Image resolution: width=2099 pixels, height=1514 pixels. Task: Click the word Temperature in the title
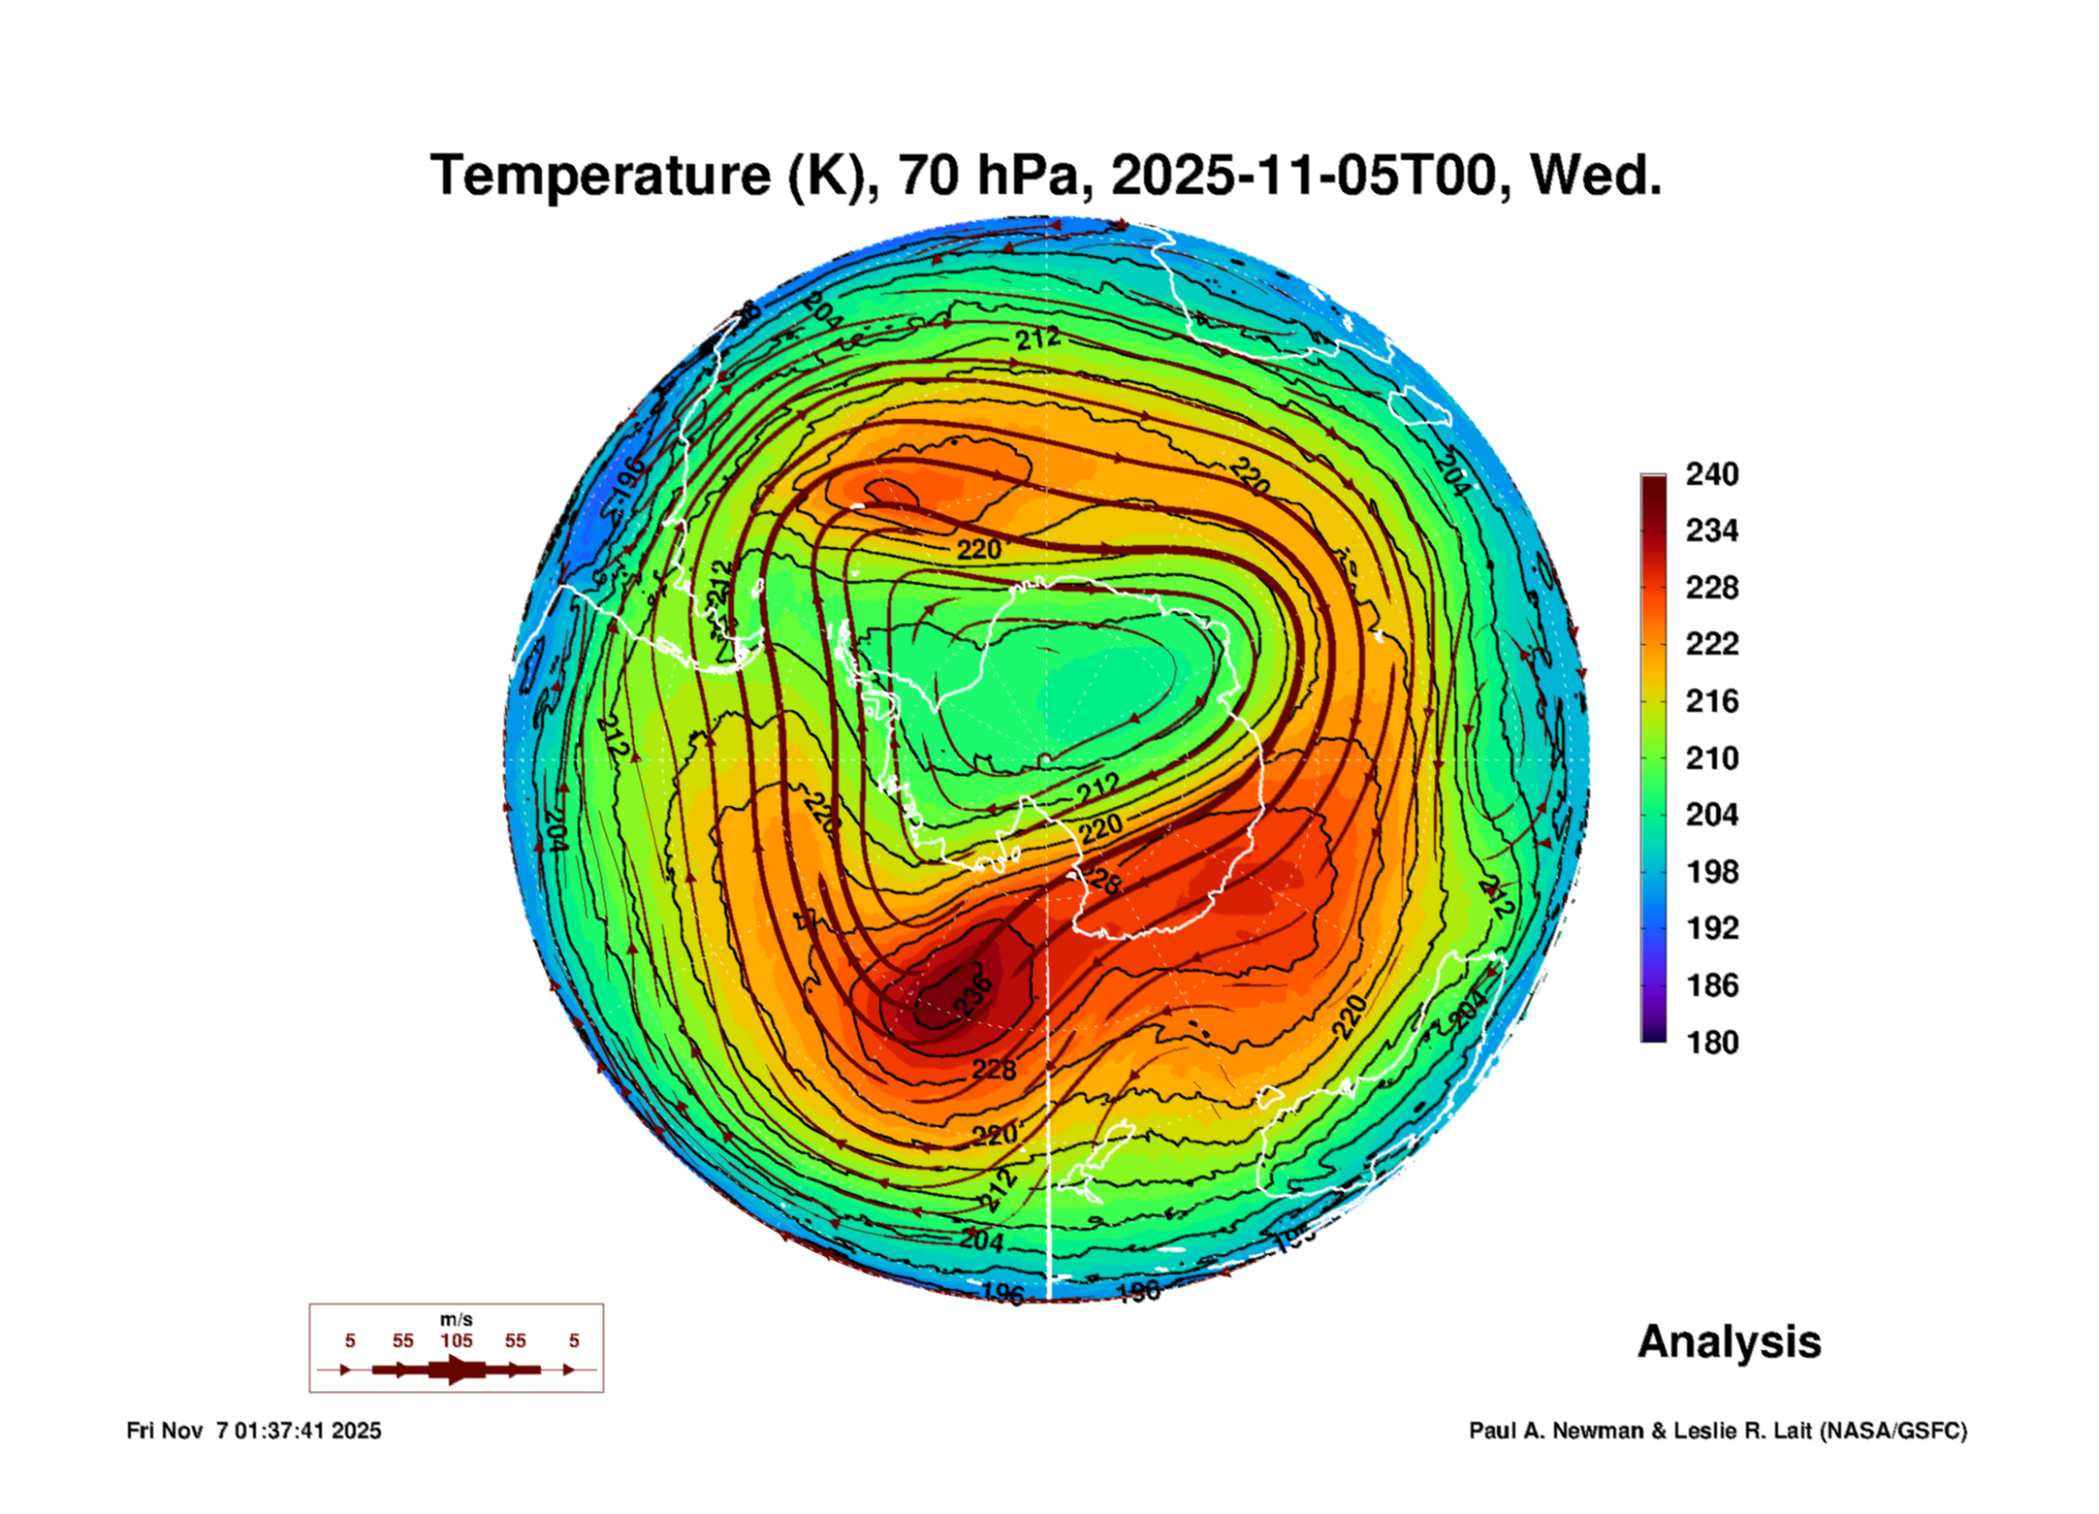click(x=600, y=176)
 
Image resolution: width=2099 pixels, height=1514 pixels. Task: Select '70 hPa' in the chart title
click(x=988, y=176)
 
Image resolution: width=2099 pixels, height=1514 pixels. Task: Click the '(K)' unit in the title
click(x=825, y=176)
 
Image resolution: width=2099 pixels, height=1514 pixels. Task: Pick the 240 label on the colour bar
click(x=1711, y=474)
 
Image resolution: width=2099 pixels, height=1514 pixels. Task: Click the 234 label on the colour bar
click(x=1711, y=531)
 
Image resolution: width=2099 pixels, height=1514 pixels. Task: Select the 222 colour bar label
click(x=1711, y=644)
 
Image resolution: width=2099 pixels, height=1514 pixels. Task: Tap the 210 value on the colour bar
click(x=1711, y=757)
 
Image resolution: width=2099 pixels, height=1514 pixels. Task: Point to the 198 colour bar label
click(x=1711, y=871)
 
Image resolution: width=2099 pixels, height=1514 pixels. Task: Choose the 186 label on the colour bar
click(x=1711, y=985)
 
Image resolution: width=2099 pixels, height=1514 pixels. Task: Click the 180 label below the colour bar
click(x=1711, y=1043)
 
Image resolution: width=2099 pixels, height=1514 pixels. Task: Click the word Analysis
click(x=1729, y=1342)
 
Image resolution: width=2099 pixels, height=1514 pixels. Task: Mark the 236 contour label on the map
click(x=973, y=996)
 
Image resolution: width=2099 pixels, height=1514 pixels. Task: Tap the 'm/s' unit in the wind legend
click(x=456, y=1319)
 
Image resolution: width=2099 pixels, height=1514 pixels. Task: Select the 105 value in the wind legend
click(x=456, y=1340)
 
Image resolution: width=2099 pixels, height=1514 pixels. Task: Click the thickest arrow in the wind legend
click(x=458, y=1369)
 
